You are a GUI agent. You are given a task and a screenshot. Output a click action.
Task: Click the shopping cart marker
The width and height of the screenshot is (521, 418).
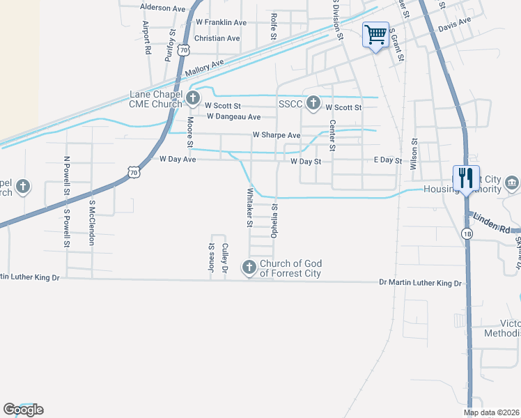click(375, 34)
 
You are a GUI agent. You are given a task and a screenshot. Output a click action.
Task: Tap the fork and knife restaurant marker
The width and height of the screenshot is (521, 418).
click(465, 178)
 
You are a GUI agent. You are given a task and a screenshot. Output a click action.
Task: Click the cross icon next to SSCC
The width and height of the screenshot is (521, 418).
click(313, 103)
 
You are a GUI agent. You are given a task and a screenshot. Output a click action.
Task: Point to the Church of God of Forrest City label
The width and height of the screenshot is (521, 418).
click(290, 268)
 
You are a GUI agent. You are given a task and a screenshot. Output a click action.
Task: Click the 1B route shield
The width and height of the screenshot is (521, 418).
click(467, 233)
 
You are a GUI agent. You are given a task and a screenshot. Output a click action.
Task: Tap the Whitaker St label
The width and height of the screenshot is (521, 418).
click(249, 208)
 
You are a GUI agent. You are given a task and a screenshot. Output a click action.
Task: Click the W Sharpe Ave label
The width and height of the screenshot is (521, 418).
click(276, 134)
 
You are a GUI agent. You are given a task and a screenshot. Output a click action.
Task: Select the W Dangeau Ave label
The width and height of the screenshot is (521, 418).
click(232, 117)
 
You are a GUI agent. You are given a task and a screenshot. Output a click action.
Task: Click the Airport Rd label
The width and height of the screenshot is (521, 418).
click(147, 38)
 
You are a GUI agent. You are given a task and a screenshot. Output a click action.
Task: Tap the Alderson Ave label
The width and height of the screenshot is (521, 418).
click(163, 7)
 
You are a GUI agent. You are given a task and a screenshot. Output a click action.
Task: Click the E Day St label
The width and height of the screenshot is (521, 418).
click(388, 161)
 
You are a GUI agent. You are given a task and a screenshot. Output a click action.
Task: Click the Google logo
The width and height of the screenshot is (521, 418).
click(23, 410)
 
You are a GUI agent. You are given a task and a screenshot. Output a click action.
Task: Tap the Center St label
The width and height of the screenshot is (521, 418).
click(332, 135)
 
